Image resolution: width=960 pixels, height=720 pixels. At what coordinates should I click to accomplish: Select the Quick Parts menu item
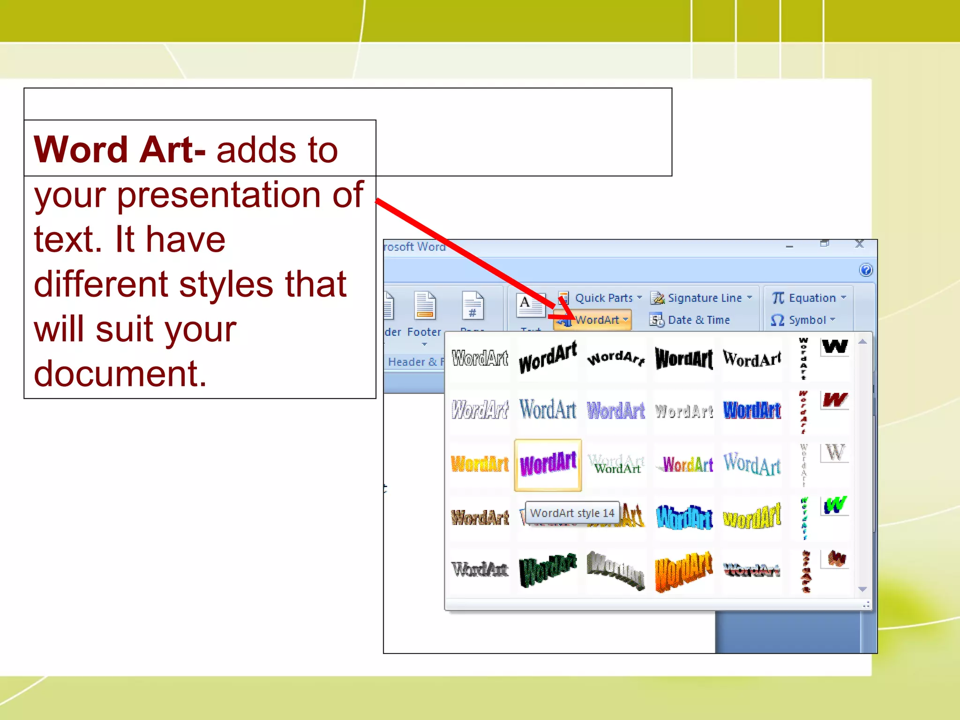click(603, 298)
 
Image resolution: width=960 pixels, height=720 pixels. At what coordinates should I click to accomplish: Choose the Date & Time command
click(698, 320)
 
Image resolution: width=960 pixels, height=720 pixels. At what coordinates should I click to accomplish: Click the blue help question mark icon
click(866, 270)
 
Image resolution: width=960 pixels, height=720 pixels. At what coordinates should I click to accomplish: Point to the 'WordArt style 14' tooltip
click(572, 513)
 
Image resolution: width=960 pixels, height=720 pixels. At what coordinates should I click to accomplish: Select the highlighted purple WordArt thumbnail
click(548, 465)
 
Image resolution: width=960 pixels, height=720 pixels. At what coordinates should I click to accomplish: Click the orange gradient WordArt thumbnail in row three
click(480, 465)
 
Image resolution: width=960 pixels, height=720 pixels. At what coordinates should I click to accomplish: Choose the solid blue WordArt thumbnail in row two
click(752, 411)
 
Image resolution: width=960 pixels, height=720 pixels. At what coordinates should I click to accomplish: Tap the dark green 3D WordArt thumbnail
click(548, 570)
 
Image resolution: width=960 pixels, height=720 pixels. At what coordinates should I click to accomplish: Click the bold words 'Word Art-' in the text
click(120, 150)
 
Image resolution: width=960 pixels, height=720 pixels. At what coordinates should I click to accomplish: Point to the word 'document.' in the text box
click(120, 374)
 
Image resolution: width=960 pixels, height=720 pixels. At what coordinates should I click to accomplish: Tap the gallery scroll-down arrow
click(862, 589)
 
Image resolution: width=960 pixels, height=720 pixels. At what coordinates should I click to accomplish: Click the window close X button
click(859, 244)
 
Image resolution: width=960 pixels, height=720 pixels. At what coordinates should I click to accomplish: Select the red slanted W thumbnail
click(835, 400)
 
